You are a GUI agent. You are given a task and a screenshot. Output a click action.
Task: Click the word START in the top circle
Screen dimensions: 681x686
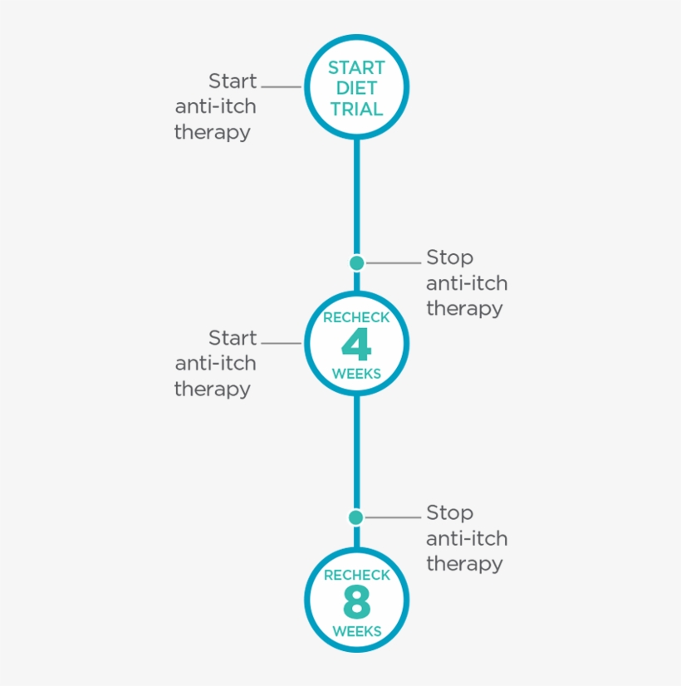(356, 68)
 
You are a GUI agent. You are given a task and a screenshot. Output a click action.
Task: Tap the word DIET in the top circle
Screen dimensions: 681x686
(356, 88)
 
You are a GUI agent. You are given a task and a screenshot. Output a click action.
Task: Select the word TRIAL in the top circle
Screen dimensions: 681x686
(356, 109)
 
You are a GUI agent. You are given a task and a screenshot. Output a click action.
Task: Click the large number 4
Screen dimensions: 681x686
(356, 345)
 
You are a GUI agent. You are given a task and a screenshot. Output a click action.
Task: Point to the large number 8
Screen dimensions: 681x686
(357, 602)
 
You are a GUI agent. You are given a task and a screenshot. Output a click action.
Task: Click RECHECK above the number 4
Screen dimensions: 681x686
(356, 317)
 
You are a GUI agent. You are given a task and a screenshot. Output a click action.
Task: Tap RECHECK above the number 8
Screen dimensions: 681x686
(357, 575)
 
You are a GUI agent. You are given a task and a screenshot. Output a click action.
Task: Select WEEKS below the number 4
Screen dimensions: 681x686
(356, 374)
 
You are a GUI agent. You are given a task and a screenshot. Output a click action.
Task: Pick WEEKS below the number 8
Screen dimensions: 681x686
(357, 631)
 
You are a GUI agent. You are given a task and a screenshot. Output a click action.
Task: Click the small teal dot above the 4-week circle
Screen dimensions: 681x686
(357, 263)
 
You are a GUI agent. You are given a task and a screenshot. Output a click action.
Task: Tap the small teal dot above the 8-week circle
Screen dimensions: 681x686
(356, 517)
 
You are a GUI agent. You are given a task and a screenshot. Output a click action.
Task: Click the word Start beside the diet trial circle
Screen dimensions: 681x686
(233, 81)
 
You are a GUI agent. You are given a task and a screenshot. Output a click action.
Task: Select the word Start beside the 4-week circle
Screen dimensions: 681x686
(233, 338)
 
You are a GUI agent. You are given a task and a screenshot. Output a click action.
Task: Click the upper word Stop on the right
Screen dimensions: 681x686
(449, 257)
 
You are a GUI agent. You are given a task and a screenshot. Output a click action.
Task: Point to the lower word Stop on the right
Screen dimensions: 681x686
(449, 512)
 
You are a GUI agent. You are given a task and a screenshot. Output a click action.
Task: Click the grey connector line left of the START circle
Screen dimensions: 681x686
(282, 86)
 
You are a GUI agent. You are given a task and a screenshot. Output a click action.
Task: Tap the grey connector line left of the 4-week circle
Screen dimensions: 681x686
(282, 343)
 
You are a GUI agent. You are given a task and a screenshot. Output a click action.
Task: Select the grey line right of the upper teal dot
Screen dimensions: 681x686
(393, 263)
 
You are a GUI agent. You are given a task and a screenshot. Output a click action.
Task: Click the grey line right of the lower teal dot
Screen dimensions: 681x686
(393, 517)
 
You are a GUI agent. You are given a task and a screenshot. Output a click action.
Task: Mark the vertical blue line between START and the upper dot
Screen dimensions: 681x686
(357, 197)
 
